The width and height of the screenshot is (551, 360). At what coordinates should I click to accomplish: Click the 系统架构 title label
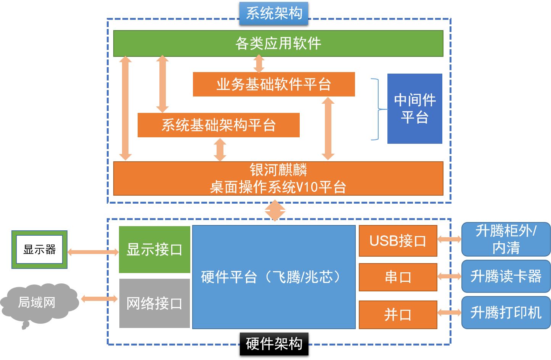pyautogui.click(x=274, y=13)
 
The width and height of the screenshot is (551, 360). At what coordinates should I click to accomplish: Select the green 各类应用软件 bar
pyautogui.click(x=278, y=43)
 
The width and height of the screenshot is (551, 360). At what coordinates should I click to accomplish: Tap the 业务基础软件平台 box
pyautogui.click(x=274, y=84)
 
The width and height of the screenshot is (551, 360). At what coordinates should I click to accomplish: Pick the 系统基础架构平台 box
pyautogui.click(x=218, y=125)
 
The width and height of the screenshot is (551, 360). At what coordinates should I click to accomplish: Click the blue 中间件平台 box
pyautogui.click(x=414, y=109)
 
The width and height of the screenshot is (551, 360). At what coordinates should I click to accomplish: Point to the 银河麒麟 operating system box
pyautogui.click(x=278, y=178)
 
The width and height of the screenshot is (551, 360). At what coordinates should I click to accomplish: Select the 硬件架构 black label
pyautogui.click(x=274, y=344)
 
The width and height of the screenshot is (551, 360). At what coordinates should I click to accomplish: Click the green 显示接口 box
pyautogui.click(x=154, y=250)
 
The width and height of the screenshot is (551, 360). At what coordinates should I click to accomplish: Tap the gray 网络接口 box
pyautogui.click(x=154, y=304)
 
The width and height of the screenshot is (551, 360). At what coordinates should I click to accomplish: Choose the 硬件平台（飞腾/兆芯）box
pyautogui.click(x=273, y=277)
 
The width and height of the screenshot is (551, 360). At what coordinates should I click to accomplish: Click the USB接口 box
pyautogui.click(x=398, y=241)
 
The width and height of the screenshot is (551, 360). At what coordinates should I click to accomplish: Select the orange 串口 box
pyautogui.click(x=398, y=277)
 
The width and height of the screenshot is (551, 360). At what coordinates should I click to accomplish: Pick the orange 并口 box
pyautogui.click(x=398, y=315)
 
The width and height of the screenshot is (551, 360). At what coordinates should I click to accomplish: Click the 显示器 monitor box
pyautogui.click(x=39, y=250)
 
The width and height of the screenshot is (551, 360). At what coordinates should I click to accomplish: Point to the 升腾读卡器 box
pyautogui.click(x=506, y=276)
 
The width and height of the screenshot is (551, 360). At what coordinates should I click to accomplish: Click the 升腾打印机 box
pyautogui.click(x=506, y=313)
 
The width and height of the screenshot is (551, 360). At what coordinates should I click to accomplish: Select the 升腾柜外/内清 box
pyautogui.click(x=506, y=239)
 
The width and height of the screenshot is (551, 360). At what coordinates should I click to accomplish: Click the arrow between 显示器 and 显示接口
pyautogui.click(x=93, y=252)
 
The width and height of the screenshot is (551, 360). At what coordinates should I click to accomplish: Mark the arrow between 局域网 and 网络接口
pyautogui.click(x=99, y=299)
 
